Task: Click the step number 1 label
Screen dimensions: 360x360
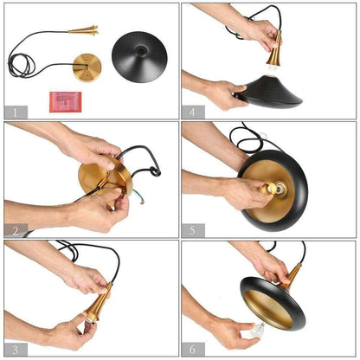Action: click(x=16, y=112)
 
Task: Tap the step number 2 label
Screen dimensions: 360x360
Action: click(x=16, y=230)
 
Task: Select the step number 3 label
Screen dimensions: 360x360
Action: click(x=16, y=350)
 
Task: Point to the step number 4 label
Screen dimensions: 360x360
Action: click(x=193, y=112)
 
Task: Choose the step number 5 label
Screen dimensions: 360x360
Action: click(x=193, y=230)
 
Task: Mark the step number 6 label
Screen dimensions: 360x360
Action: click(x=193, y=350)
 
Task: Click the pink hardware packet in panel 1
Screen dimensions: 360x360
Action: click(x=66, y=102)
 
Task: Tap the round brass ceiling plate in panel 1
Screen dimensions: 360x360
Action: click(x=87, y=67)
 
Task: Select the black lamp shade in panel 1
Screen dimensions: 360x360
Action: click(x=139, y=57)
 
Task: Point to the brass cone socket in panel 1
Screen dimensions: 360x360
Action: click(x=84, y=29)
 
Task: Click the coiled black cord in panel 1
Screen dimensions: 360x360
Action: click(x=22, y=65)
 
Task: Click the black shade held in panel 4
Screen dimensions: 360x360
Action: click(x=271, y=91)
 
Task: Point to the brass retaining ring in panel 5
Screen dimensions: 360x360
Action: click(x=269, y=189)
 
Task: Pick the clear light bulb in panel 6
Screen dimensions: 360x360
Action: click(x=257, y=331)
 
